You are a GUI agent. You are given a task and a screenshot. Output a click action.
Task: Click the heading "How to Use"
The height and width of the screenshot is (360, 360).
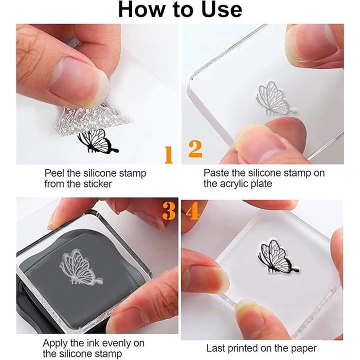pyautogui.click(x=180, y=9)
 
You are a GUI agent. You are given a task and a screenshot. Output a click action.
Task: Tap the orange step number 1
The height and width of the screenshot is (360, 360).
pyautogui.click(x=169, y=155)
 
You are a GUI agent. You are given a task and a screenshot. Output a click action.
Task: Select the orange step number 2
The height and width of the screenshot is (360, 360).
pyautogui.click(x=195, y=149)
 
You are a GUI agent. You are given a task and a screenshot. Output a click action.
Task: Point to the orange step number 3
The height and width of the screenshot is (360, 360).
pyautogui.click(x=169, y=210)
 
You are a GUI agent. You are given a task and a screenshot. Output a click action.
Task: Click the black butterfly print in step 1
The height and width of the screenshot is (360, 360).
pyautogui.click(x=97, y=141)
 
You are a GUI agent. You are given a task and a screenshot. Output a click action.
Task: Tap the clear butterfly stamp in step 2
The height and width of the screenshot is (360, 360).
pyautogui.click(x=275, y=97)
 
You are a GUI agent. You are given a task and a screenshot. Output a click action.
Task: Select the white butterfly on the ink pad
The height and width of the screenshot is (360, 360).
pyautogui.click(x=80, y=268)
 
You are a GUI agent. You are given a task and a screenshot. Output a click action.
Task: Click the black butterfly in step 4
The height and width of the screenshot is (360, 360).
pyautogui.click(x=277, y=256)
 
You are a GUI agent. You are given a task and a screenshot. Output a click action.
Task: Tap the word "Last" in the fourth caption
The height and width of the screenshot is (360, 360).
pyautogui.click(x=215, y=348)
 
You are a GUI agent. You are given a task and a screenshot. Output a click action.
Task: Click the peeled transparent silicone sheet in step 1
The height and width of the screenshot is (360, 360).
pyautogui.click(x=90, y=118)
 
